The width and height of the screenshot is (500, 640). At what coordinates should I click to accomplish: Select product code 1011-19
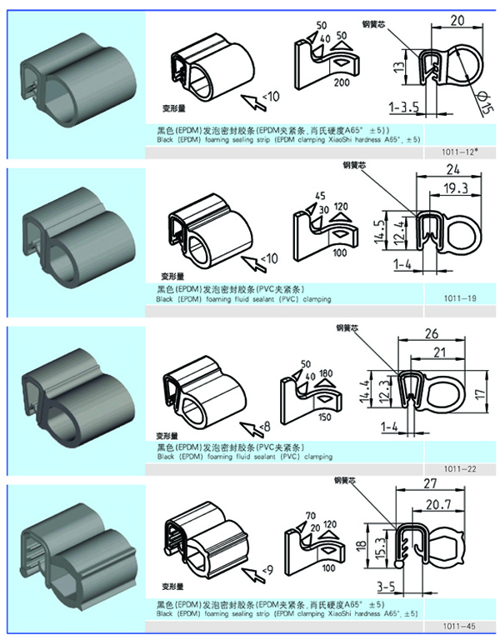point(462,297)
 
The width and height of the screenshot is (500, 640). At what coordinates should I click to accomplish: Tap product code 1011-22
point(462,468)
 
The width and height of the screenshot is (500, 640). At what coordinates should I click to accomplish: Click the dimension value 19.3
point(455,190)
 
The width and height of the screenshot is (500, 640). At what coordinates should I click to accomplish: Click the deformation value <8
point(264,427)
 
